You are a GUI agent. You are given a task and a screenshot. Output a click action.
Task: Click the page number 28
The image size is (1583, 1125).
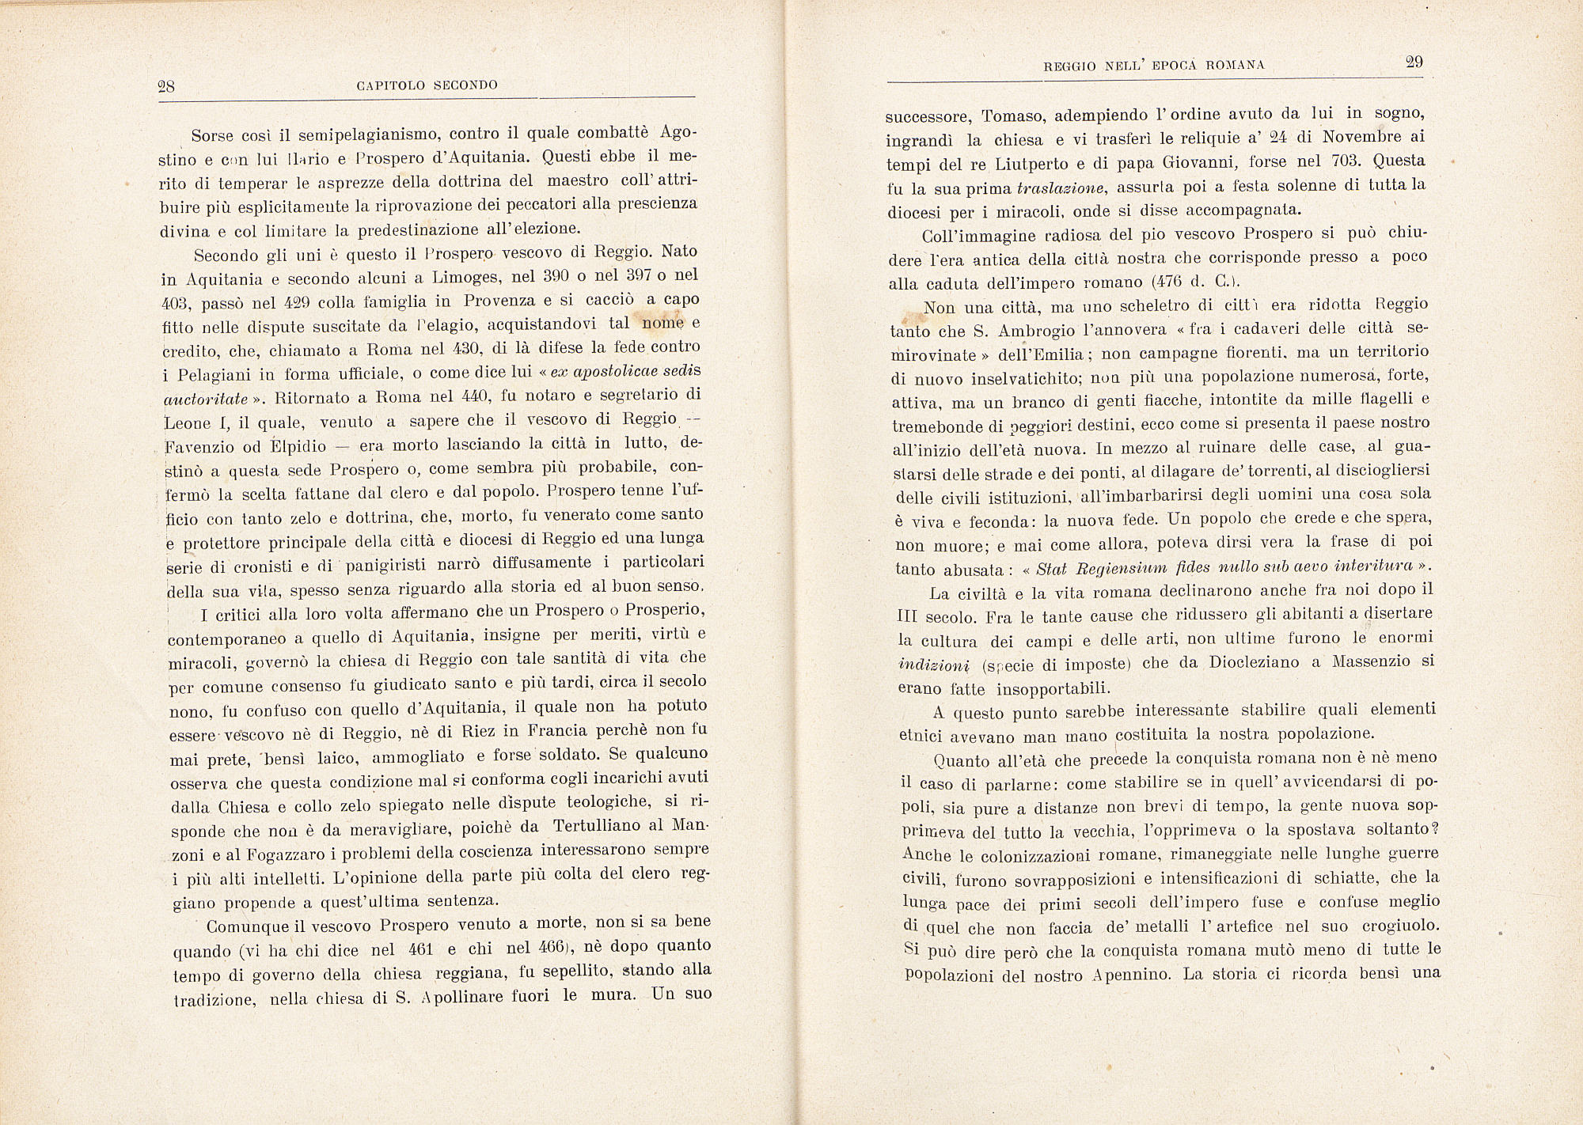click(167, 87)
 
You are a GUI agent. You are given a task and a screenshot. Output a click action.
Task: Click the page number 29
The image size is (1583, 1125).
click(1414, 62)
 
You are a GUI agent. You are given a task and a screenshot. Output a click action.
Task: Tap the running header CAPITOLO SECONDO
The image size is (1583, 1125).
click(427, 85)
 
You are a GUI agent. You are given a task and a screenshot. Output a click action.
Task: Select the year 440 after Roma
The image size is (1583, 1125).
click(480, 395)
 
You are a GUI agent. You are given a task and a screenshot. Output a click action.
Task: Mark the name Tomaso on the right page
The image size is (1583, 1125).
click(1012, 116)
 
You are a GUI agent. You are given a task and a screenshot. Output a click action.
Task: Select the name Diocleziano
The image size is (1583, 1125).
click(1258, 662)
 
